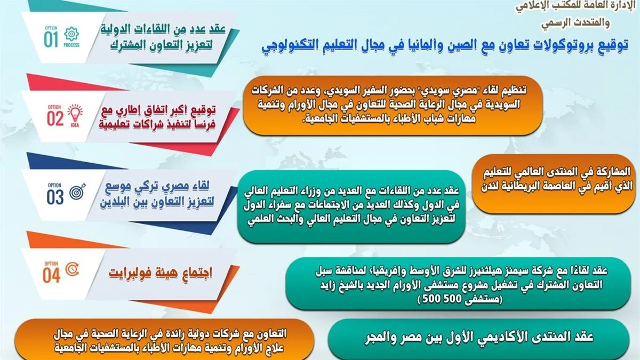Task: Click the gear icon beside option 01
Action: tap(71, 34)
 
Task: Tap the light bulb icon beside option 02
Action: tap(75, 114)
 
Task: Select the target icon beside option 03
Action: tap(77, 191)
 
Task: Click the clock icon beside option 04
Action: tap(72, 270)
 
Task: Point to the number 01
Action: tap(51, 39)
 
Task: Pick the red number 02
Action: tap(55, 118)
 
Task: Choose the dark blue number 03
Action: tap(55, 197)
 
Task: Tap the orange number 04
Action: tap(51, 275)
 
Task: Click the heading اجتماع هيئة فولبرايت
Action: tap(161, 273)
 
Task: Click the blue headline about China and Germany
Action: tap(445, 46)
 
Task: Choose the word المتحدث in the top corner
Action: tap(589, 22)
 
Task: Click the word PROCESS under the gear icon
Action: tap(71, 45)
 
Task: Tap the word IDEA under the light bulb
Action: tap(75, 125)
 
